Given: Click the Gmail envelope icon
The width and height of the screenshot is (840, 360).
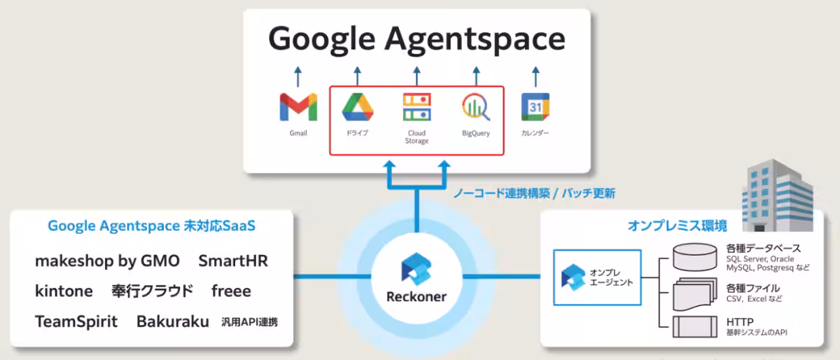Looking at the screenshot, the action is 298,107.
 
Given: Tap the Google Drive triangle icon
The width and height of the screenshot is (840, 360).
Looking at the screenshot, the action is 358,107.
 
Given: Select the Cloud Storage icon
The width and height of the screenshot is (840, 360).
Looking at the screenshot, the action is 416,107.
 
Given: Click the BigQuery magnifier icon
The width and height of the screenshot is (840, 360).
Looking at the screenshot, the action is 476,107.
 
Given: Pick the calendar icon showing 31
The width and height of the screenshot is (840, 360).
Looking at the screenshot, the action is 535,107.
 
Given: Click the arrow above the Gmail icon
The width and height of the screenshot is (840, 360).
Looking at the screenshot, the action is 298,76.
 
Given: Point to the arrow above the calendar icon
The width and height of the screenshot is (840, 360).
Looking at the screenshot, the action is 535,76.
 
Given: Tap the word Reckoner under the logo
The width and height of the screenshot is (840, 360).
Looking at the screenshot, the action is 416,296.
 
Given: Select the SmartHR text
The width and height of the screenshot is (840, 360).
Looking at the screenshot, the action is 233,261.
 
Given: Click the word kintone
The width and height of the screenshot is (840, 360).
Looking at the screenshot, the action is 64,291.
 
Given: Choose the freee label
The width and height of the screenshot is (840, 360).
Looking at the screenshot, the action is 231,291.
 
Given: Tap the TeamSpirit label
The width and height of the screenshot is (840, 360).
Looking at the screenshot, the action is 76,321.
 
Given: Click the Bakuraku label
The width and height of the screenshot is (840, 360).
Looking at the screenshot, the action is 172,321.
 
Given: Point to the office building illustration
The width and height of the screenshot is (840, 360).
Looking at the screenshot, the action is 778,195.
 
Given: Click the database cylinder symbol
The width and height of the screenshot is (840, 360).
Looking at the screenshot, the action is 695,257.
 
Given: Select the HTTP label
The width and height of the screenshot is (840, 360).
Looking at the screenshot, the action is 740,321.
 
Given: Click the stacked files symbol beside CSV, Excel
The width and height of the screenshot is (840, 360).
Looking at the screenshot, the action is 695,294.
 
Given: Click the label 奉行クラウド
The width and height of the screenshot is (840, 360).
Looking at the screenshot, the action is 153,291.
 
